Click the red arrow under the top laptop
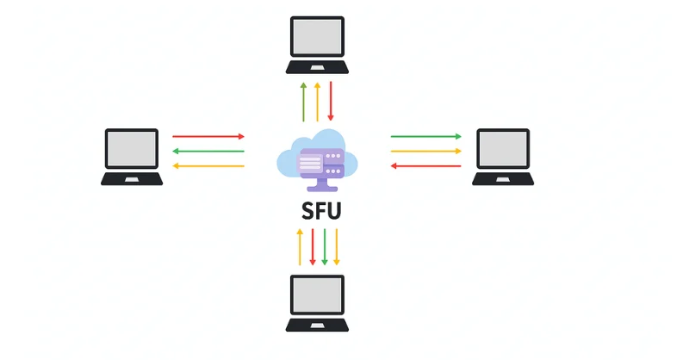330,102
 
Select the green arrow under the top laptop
303,102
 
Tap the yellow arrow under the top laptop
317,102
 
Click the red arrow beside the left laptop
208,136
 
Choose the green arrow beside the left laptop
208,151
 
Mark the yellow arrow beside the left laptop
208,165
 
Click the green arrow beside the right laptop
426,136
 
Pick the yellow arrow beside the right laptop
426,151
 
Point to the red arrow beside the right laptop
426,165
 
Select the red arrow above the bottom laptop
312,246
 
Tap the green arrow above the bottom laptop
325,246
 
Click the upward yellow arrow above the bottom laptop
299,246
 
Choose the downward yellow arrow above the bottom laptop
337,246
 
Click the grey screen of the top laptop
317,37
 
